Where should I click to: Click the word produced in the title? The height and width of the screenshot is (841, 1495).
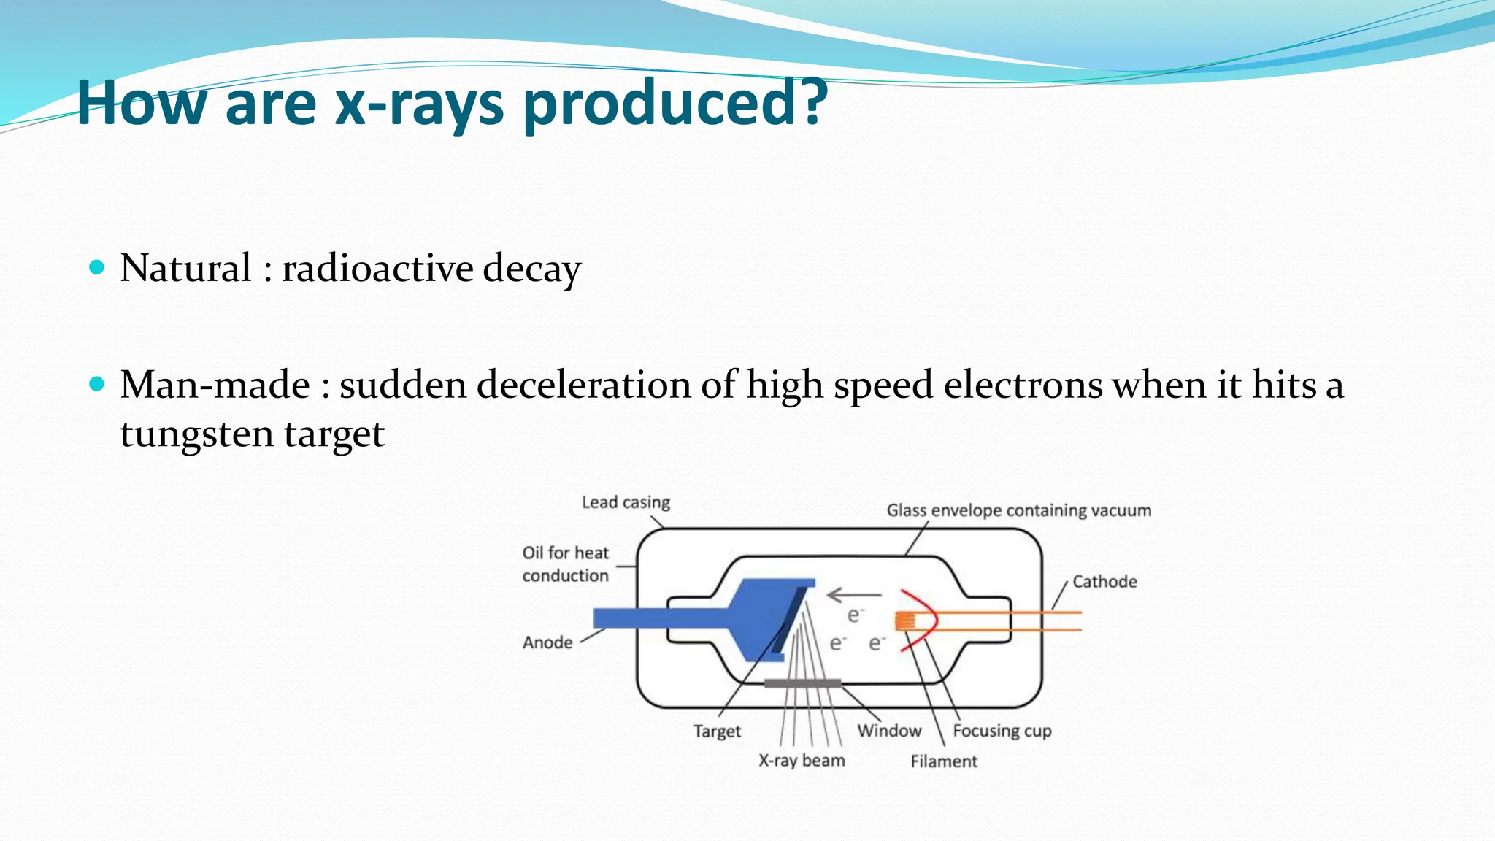[x=675, y=104]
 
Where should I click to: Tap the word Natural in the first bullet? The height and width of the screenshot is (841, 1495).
[x=185, y=268]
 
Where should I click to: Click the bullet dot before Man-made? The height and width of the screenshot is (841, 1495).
[x=96, y=384]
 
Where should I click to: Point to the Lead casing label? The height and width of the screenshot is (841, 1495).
[x=626, y=502]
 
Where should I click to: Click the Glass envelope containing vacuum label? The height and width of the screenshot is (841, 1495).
[x=1018, y=510]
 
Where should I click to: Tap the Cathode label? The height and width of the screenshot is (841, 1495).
[x=1104, y=582]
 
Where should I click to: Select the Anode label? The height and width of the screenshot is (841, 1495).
[x=547, y=642]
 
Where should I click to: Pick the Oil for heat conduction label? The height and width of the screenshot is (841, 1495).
[x=565, y=564]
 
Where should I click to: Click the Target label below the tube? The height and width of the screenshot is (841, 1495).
[x=717, y=731]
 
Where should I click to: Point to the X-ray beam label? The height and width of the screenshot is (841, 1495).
[x=802, y=761]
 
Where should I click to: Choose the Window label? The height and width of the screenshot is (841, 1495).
[x=889, y=731]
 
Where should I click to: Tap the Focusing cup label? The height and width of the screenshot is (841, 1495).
[x=1002, y=731]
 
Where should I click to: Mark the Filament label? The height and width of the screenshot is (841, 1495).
[x=943, y=761]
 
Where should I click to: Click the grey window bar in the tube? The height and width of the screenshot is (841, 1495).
[x=802, y=683]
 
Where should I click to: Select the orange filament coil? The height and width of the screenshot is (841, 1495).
[x=905, y=621]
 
